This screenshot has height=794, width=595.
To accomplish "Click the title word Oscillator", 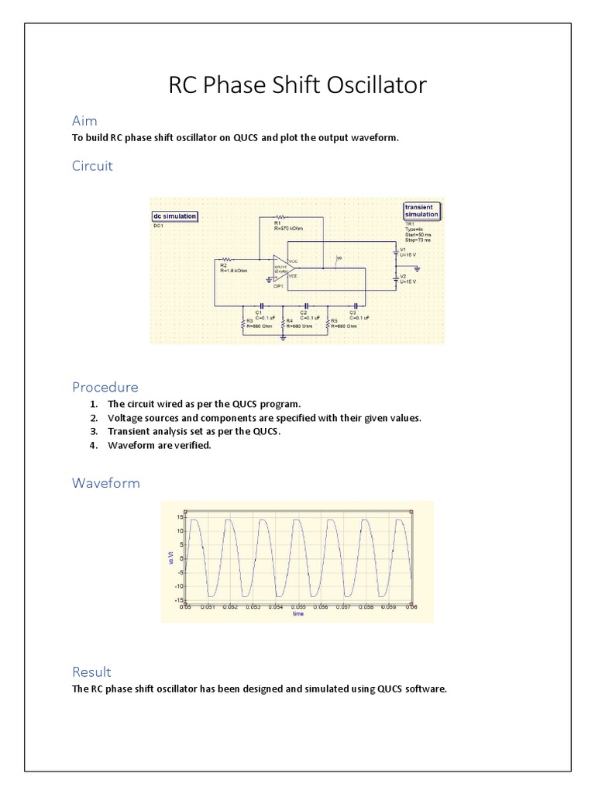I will click(372, 85).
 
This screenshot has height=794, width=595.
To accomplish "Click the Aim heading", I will click(84, 121).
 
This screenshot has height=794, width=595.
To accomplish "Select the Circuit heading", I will click(92, 165).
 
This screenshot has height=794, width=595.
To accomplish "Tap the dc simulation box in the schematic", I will click(174, 216).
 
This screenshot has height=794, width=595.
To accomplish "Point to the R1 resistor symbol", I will click(280, 217).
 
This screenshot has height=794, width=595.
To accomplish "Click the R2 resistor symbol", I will click(227, 259).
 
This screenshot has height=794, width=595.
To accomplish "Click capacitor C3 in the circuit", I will click(355, 306).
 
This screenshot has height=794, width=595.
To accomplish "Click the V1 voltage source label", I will click(403, 250).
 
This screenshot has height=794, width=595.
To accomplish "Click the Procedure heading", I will click(105, 387).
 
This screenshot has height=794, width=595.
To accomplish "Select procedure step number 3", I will click(93, 431).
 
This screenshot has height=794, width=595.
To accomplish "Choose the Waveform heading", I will click(106, 483).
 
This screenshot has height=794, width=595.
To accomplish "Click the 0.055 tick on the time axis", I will click(298, 608).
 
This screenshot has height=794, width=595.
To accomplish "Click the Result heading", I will click(91, 671).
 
